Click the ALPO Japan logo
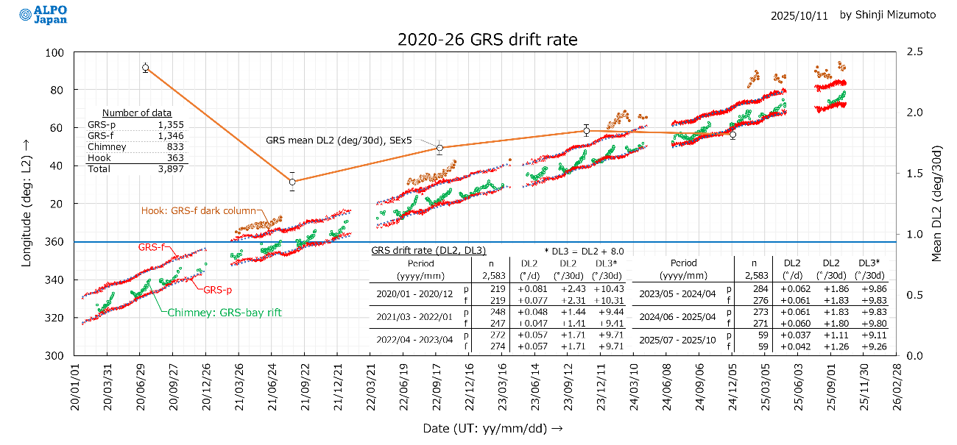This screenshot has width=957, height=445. pyautogui.click(x=45, y=15)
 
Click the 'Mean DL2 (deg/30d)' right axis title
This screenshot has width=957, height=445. pyautogui.click(x=937, y=204)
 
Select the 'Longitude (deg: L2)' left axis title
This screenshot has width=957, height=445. pyautogui.click(x=27, y=204)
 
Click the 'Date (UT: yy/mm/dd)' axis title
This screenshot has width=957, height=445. pyautogui.click(x=487, y=428)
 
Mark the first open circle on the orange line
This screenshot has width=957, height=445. pyautogui.click(x=146, y=68)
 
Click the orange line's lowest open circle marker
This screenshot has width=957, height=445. pyautogui.click(x=292, y=182)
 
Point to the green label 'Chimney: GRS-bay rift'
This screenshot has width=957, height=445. pyautogui.click(x=225, y=313)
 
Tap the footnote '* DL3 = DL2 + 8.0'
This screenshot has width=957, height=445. pyautogui.click(x=584, y=252)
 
